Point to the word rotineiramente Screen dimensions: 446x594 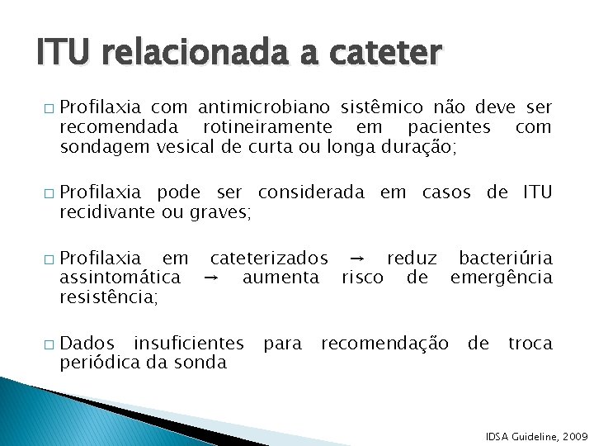(x=266, y=127)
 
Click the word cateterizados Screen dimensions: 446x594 (x=269, y=258)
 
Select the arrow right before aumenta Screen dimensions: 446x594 (x=212, y=278)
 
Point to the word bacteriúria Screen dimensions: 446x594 (x=506, y=258)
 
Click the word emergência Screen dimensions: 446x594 (x=501, y=278)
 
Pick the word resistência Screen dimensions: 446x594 (x=108, y=297)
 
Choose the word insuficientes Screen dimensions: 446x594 (x=189, y=343)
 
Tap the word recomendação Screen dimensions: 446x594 (x=385, y=343)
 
